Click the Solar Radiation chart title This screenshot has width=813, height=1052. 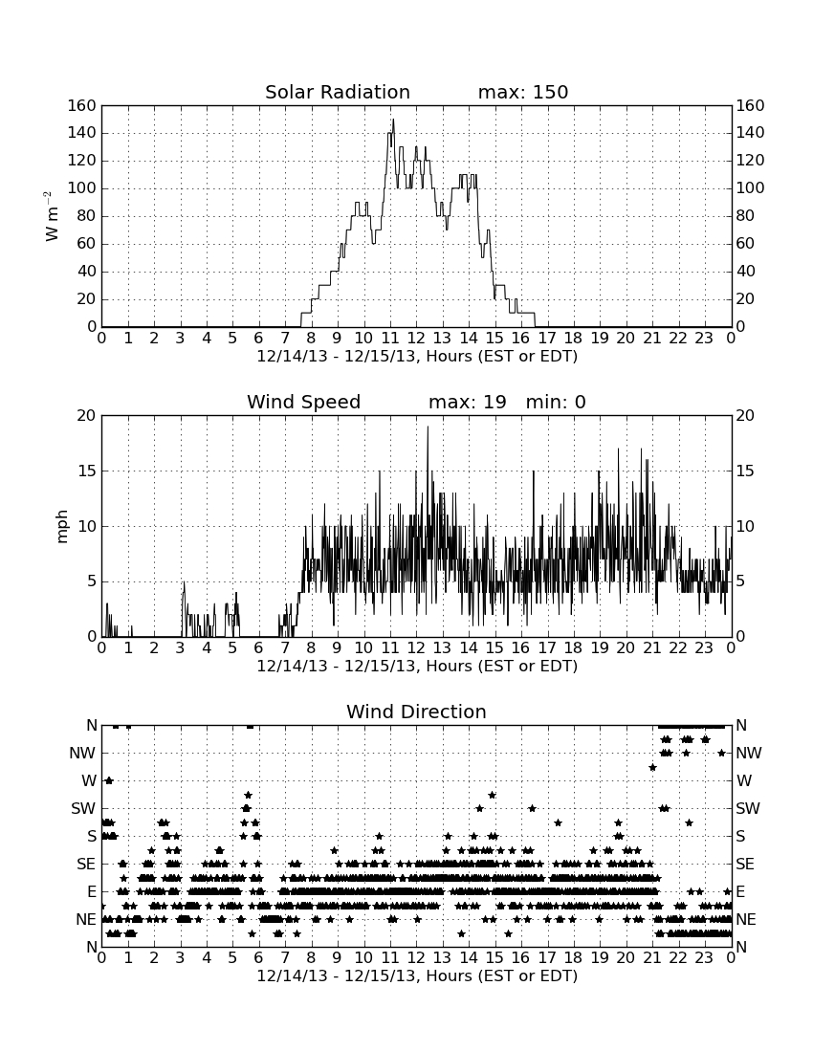coord(338,92)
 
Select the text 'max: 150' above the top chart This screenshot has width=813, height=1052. coord(523,92)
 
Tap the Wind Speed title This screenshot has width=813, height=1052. coord(304,402)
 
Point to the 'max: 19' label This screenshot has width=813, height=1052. coord(468,402)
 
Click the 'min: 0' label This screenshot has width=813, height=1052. coord(556,402)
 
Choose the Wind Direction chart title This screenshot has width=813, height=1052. coord(417,712)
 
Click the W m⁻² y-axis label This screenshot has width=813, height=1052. coord(52,216)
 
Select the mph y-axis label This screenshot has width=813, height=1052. coord(62,527)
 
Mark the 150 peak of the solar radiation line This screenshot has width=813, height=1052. coord(393,121)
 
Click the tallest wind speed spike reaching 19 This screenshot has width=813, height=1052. coord(428,427)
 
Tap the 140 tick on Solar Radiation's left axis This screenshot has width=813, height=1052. coord(82,133)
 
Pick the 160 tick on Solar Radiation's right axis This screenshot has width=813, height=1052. coord(751,105)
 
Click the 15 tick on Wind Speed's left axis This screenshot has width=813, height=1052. coord(87,471)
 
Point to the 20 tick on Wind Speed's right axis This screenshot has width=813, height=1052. coord(745,415)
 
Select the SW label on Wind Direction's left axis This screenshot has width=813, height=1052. coord(83,808)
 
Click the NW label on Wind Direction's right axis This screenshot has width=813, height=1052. coord(749,753)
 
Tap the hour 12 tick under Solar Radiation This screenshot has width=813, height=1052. coord(416,338)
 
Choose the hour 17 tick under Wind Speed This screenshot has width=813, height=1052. coord(547,647)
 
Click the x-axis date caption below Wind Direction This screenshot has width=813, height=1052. coord(417,975)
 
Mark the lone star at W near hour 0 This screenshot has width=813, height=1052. coord(109,780)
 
